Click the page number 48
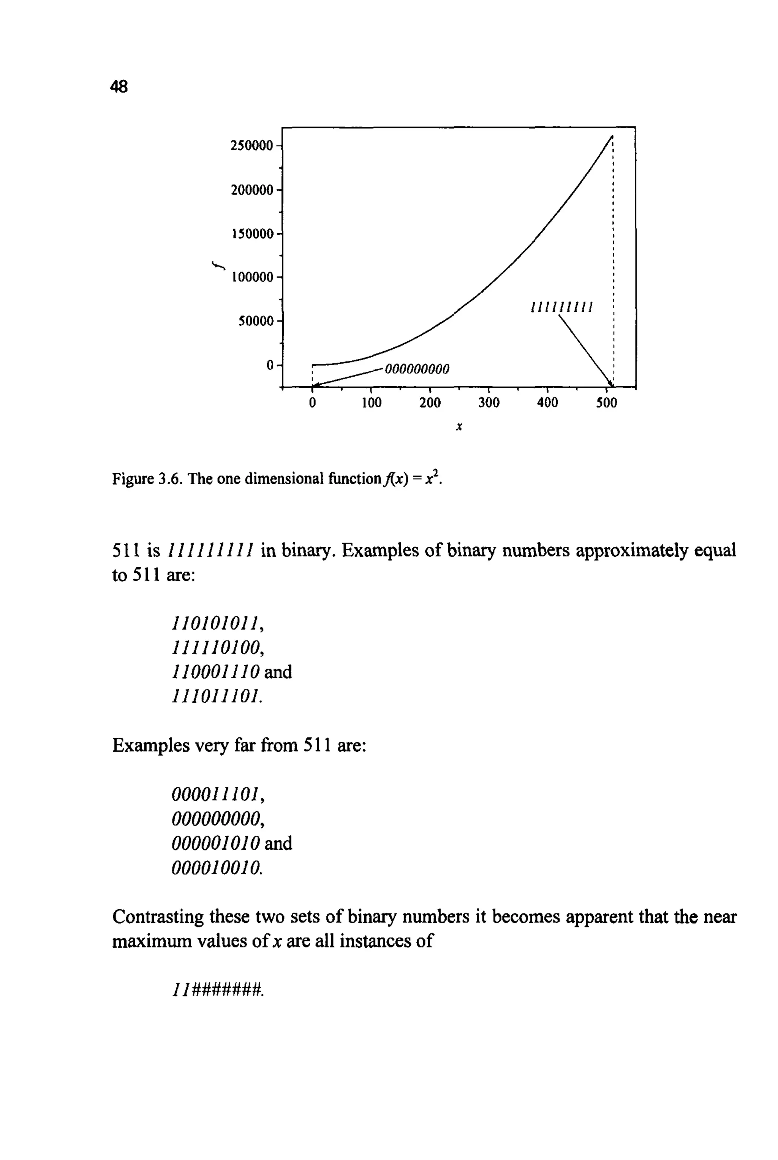(x=119, y=87)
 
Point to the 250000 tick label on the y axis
(x=251, y=146)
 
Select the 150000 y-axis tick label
(x=252, y=234)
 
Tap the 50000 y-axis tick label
(x=256, y=321)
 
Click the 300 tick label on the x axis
(x=489, y=403)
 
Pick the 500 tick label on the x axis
(x=606, y=403)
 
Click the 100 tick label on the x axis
(x=371, y=403)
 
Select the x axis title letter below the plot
(x=459, y=426)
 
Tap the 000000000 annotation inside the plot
(x=417, y=369)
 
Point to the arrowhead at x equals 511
(x=611, y=384)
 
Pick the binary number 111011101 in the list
(x=215, y=696)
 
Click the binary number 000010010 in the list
(x=215, y=867)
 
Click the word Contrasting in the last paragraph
(x=158, y=917)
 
